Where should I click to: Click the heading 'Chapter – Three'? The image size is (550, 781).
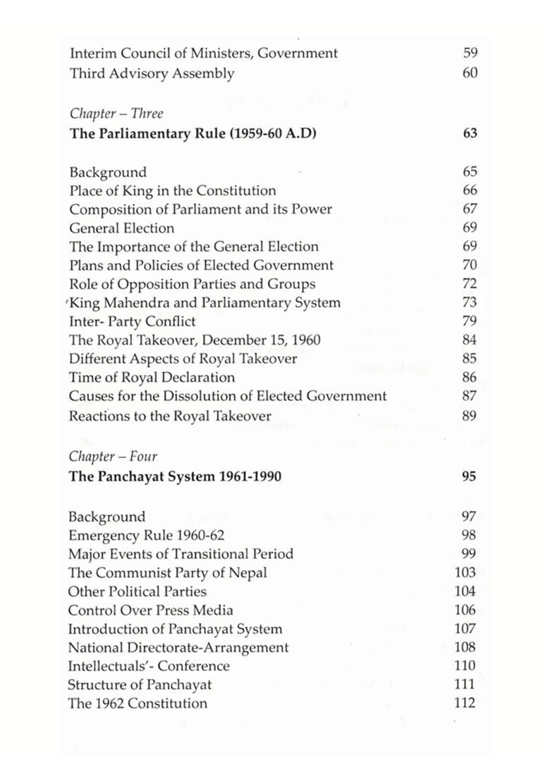[x=116, y=113]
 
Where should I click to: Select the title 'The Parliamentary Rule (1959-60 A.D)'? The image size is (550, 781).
[x=192, y=133]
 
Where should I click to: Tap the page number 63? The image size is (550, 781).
[x=470, y=133]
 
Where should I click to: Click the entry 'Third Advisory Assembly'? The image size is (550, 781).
[x=152, y=73]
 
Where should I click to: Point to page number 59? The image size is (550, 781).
[x=470, y=53]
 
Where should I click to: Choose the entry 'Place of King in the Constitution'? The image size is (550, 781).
[x=172, y=190]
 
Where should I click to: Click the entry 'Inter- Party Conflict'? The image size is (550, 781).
[x=132, y=321]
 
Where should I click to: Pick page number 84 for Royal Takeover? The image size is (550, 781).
[x=470, y=340]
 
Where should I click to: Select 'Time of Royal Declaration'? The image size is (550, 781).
[x=152, y=378]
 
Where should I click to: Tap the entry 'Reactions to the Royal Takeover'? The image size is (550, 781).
[x=169, y=416]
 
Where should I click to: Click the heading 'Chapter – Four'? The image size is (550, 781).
[x=113, y=456]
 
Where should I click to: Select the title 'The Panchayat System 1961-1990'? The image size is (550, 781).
[x=175, y=476]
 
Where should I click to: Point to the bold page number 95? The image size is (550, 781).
[x=469, y=476]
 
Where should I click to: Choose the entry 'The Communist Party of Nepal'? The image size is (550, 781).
[x=167, y=572]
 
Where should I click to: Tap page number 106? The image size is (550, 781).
[x=465, y=610]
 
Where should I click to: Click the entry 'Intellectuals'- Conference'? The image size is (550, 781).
[x=149, y=666]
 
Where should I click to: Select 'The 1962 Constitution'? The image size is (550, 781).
[x=137, y=703]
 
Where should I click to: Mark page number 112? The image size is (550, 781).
[x=465, y=703]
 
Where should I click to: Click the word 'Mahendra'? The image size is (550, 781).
[x=132, y=303]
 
